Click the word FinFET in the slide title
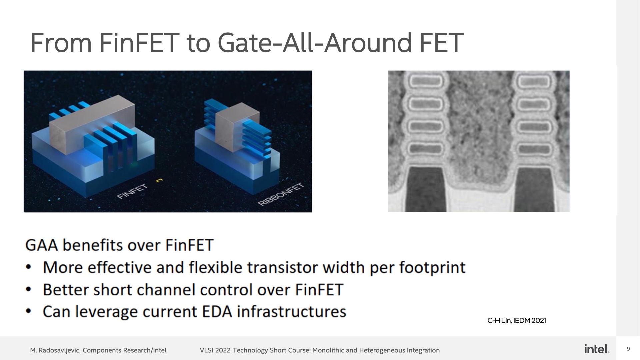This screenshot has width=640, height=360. point(139,43)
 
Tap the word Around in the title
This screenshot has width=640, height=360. point(368,43)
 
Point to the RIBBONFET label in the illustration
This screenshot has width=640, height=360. point(281,195)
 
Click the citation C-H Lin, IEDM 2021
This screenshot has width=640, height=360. point(516,321)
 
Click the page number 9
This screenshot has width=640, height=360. point(628,349)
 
